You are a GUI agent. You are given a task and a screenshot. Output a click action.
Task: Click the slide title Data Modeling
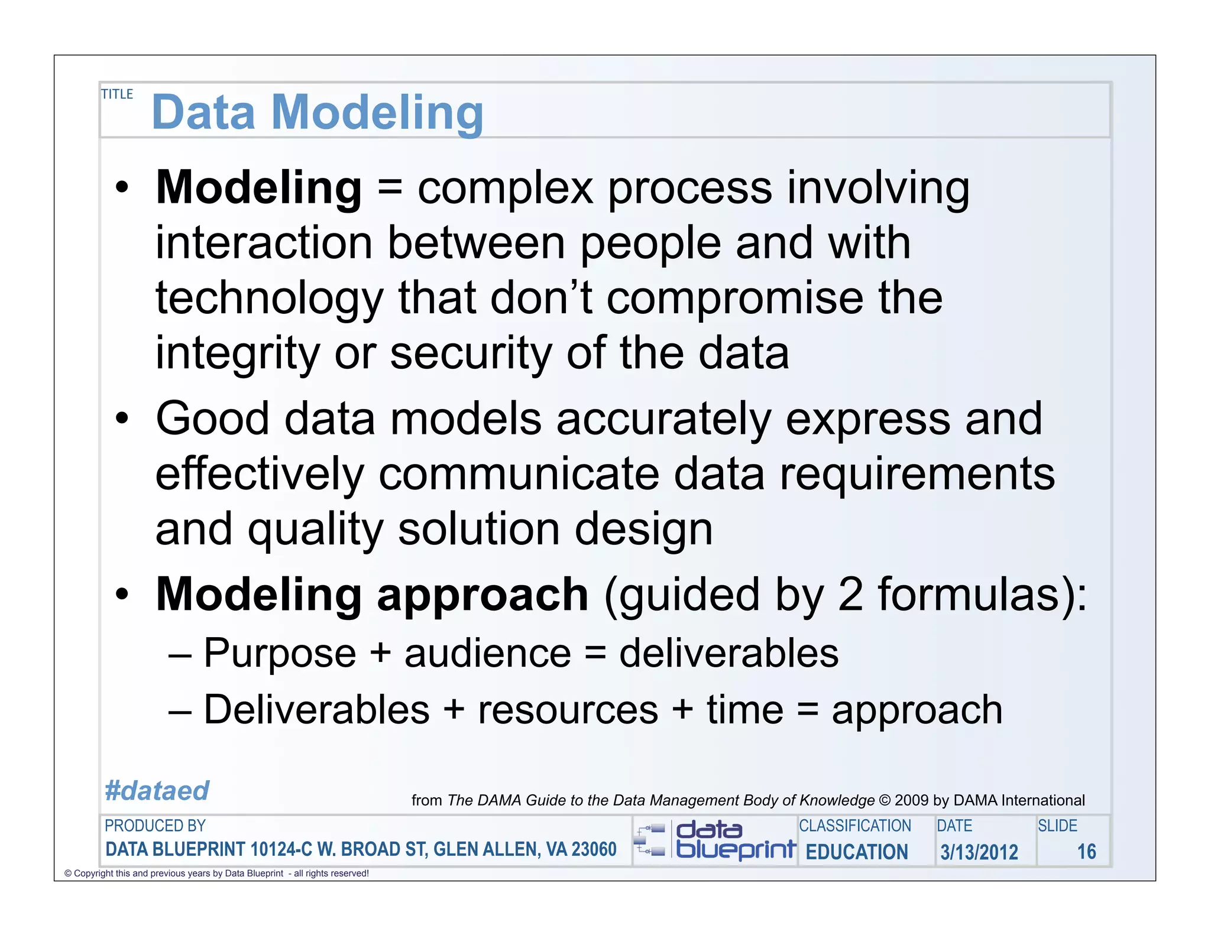pyautogui.click(x=318, y=112)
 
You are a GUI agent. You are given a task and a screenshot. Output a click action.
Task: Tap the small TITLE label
pyautogui.click(x=117, y=95)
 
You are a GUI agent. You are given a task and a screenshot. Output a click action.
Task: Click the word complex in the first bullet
pyautogui.click(x=505, y=188)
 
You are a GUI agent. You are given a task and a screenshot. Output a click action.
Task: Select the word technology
pyautogui.click(x=270, y=298)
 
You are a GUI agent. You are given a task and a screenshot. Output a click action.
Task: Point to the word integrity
pyautogui.click(x=237, y=354)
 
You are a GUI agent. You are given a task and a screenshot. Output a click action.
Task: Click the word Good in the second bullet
pyautogui.click(x=212, y=418)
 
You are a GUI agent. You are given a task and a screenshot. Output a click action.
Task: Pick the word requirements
pyautogui.click(x=917, y=475)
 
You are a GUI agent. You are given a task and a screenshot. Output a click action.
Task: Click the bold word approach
pyautogui.click(x=483, y=596)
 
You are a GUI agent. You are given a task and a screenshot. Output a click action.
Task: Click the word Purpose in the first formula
pyautogui.click(x=280, y=654)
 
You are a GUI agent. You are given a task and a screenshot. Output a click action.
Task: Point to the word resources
pyautogui.click(x=568, y=710)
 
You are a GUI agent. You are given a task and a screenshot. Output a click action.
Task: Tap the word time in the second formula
pyautogui.click(x=745, y=710)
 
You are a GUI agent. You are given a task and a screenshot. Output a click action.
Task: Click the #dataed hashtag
pyautogui.click(x=157, y=791)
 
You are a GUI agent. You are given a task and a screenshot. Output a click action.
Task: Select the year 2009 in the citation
pyautogui.click(x=911, y=800)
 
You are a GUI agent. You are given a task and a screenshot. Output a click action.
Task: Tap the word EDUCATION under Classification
pyautogui.click(x=856, y=852)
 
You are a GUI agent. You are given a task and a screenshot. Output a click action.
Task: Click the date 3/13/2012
pyautogui.click(x=979, y=852)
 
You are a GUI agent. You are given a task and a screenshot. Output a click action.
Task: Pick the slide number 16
pyautogui.click(x=1086, y=852)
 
